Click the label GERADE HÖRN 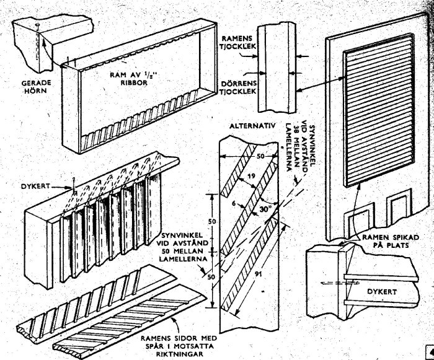[37, 87]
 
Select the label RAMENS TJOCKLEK [238, 42]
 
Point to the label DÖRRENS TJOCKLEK [239, 87]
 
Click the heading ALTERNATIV [252, 126]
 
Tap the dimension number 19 [251, 176]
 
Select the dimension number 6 [234, 203]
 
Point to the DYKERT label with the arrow [36, 187]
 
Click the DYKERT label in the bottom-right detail [382, 291]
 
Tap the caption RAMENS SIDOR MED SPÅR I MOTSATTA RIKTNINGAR [179, 346]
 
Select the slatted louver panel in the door [379, 110]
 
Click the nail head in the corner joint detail [36, 26]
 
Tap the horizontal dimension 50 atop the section [260, 156]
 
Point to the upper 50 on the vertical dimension [212, 222]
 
